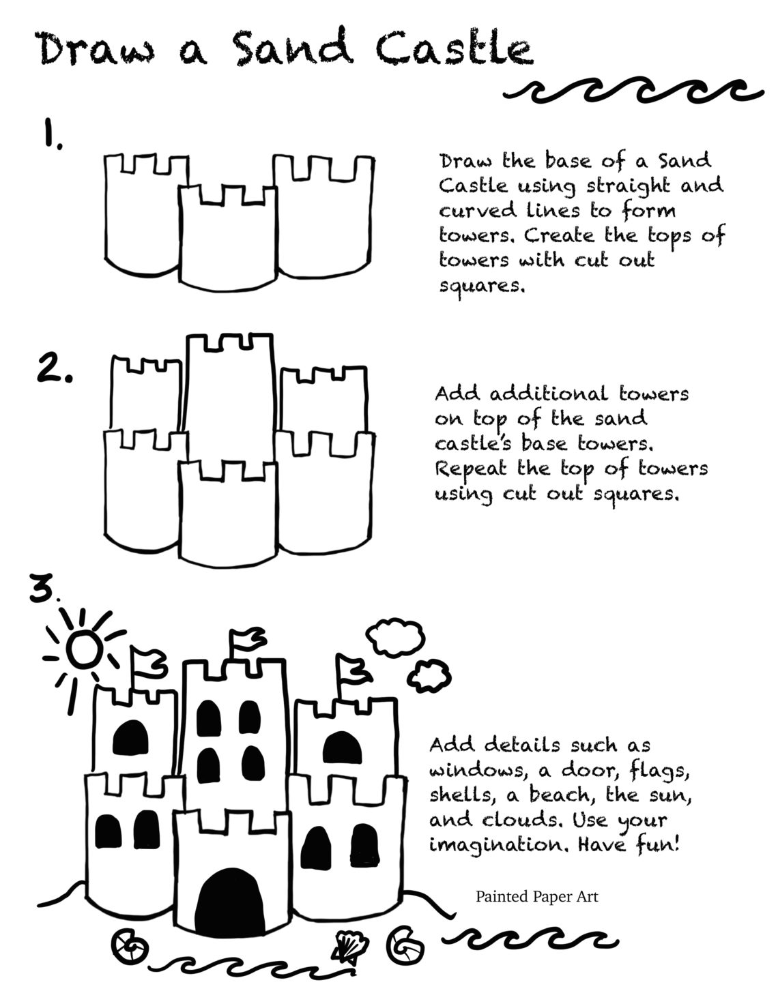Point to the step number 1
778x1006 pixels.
click(x=50, y=135)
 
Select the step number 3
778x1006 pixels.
click(x=43, y=592)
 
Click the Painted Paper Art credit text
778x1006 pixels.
click(x=536, y=896)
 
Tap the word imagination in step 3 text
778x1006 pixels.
click(x=497, y=846)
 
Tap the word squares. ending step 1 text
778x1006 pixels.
click(x=482, y=285)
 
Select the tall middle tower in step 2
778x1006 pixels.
click(x=230, y=402)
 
